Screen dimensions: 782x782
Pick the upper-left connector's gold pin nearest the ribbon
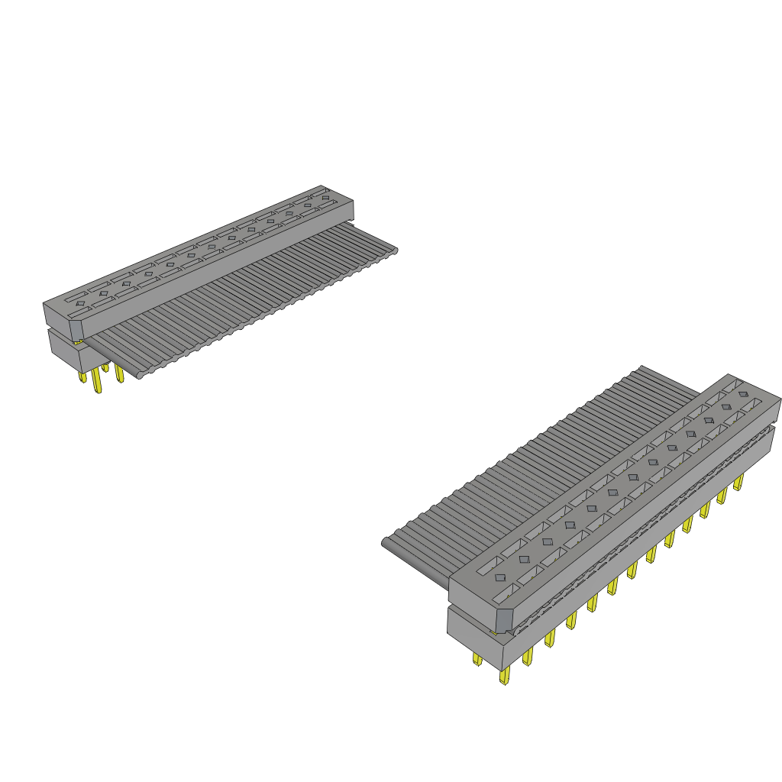(x=118, y=373)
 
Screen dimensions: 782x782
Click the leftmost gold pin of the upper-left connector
(x=82, y=376)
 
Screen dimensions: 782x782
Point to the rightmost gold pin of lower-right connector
(x=738, y=483)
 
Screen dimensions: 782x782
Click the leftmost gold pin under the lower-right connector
(x=477, y=658)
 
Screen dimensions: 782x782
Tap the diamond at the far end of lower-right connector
(x=743, y=395)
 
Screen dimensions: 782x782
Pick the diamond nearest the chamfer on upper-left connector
(x=79, y=303)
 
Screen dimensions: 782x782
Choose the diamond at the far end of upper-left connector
(x=326, y=198)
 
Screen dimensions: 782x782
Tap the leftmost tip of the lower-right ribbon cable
(x=384, y=543)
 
